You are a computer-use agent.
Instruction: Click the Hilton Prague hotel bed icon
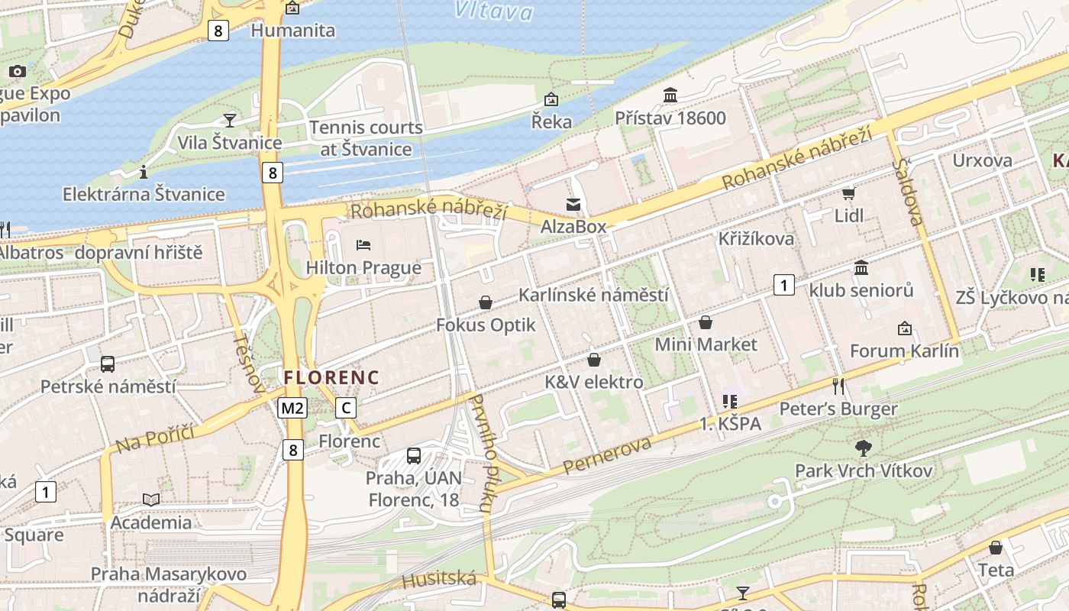pos(363,245)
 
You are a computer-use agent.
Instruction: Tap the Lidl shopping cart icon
pos(848,193)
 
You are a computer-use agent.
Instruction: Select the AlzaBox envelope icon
pos(573,204)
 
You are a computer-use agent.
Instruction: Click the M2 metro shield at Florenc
pos(292,408)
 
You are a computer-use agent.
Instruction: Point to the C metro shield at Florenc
pos(346,408)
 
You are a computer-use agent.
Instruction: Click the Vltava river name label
pos(493,11)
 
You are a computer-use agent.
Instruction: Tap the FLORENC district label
pos(331,377)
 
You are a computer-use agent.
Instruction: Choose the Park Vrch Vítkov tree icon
pos(864,448)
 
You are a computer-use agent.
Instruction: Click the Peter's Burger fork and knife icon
pos(838,386)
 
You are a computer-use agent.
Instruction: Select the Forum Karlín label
pos(904,351)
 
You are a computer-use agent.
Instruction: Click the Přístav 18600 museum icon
pos(670,95)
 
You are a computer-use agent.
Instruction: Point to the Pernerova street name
pos(608,455)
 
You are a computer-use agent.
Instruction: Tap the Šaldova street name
pos(909,192)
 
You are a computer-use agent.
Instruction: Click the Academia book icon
pos(151,499)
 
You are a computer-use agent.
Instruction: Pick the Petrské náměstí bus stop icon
pos(108,364)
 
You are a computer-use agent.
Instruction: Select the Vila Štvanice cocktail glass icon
pos(229,120)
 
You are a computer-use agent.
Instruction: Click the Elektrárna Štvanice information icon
pos(144,172)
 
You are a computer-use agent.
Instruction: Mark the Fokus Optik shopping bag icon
pos(486,303)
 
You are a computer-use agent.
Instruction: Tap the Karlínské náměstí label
pos(593,295)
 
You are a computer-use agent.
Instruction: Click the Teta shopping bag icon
pos(996,548)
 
